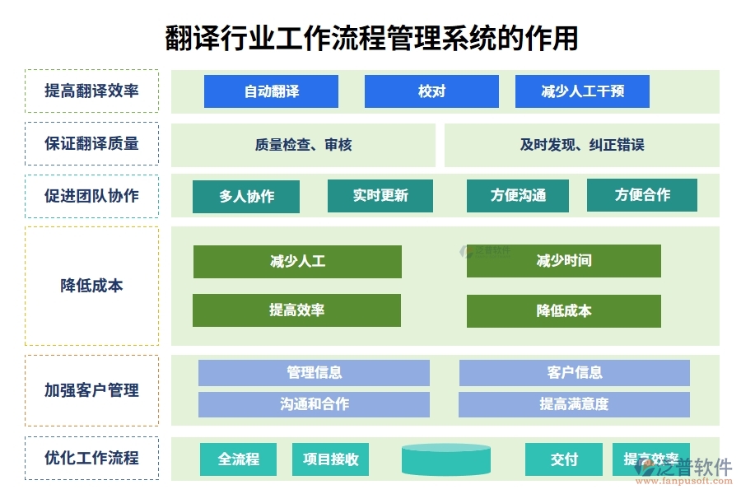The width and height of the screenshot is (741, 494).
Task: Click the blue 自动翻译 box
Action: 271,91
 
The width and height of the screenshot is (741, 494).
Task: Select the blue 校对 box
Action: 431,91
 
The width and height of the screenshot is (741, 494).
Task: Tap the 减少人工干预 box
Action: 582,91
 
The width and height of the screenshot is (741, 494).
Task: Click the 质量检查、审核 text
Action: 303,145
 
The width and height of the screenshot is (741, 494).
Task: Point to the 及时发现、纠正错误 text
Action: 581,145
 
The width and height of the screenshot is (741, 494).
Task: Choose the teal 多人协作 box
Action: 246,197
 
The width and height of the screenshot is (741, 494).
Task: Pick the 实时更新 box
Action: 380,196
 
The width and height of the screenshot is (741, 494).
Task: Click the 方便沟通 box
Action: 518,196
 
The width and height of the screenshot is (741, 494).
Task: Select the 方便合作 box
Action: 642,195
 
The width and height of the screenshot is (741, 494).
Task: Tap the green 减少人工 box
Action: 297,262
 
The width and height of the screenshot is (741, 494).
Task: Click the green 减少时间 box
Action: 564,261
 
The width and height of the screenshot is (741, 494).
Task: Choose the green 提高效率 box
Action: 296,310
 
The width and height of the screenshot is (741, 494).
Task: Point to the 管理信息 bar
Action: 314,373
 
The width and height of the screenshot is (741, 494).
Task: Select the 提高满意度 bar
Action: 574,404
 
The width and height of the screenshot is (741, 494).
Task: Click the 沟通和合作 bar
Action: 314,404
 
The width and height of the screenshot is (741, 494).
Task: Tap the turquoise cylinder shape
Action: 446,459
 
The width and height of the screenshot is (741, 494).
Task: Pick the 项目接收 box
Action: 330,459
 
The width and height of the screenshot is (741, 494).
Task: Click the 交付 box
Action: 564,459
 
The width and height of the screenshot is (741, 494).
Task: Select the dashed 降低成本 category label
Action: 91,286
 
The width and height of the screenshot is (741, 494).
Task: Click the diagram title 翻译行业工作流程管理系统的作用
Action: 371,38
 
